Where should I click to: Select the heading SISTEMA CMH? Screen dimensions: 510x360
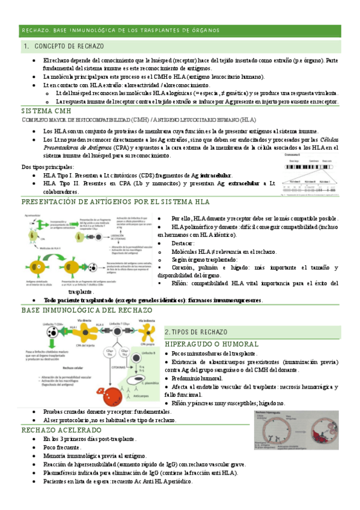click(41, 112)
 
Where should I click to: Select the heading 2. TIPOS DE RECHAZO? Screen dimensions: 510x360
click(195, 332)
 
